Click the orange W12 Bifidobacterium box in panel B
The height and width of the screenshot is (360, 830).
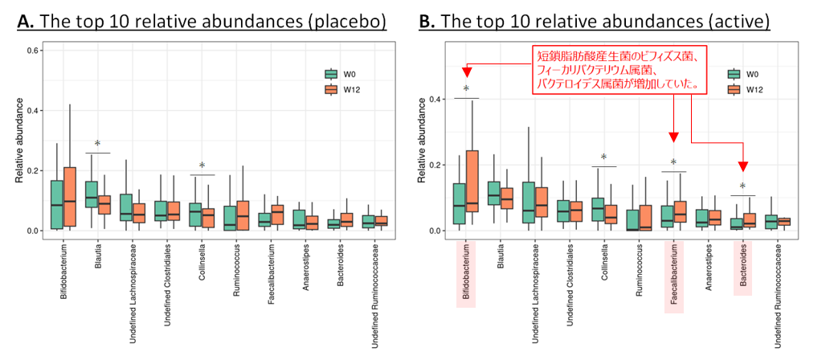point(472,181)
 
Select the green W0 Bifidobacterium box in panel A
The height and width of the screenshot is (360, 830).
point(56,204)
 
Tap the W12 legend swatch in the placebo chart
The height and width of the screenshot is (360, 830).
point(329,89)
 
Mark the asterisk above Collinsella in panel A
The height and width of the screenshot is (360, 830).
point(202,166)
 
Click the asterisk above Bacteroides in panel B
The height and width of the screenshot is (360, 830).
point(742,187)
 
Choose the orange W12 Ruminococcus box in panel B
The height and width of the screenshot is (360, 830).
point(644,218)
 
